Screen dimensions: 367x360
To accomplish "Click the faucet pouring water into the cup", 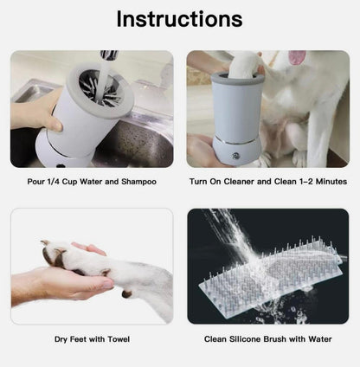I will tap(109, 55).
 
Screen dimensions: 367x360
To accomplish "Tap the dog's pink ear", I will tap(297, 57).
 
